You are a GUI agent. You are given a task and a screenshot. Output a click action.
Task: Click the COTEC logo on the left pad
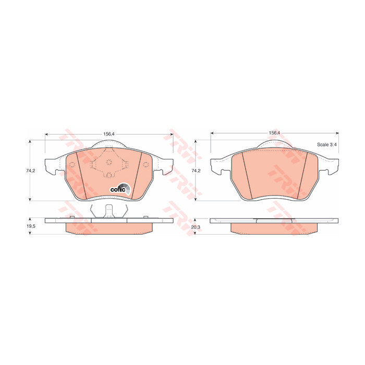point(120,188)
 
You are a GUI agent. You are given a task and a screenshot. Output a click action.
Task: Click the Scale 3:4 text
point(326,144)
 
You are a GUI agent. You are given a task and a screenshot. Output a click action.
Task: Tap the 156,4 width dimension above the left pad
point(109,134)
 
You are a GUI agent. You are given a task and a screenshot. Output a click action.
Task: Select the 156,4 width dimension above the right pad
point(274,133)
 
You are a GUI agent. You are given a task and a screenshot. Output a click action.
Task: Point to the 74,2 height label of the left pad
point(30,171)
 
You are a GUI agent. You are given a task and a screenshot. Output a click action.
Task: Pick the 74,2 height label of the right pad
point(196,171)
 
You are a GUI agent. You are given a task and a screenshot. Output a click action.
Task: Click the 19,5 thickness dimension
point(31,226)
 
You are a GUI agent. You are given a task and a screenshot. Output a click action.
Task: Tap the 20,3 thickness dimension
point(196,227)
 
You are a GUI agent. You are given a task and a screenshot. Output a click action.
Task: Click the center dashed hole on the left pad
point(109,162)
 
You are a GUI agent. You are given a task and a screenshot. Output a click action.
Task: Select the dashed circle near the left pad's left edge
point(72,164)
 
